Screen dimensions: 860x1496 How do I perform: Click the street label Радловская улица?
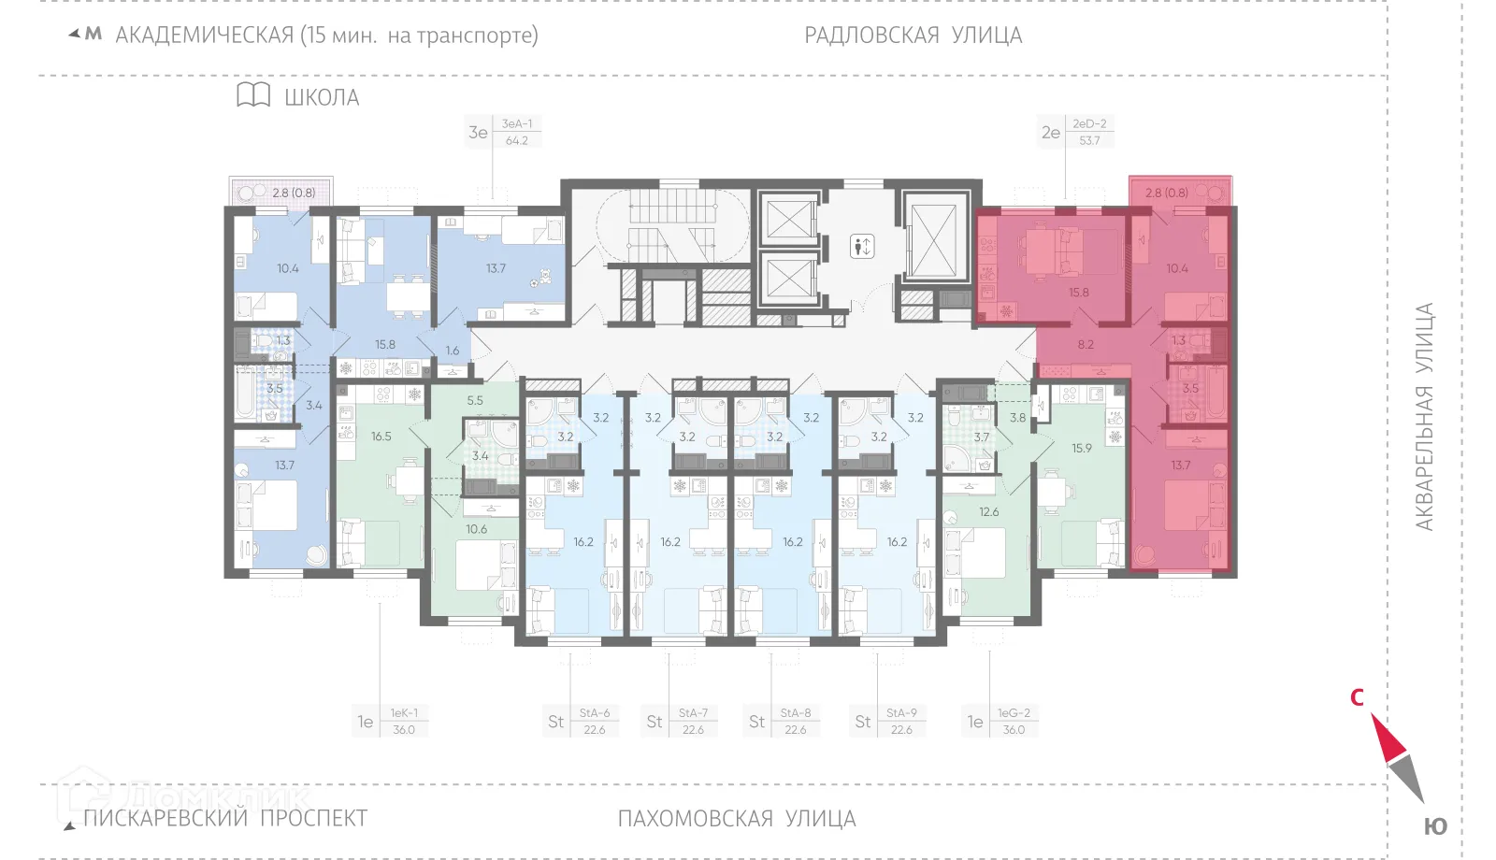(913, 36)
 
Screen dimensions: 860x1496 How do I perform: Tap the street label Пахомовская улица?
(736, 819)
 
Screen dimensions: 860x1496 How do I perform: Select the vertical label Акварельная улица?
(1424, 417)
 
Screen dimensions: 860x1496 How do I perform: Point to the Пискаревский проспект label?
(224, 819)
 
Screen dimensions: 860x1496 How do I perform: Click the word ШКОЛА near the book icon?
(322, 97)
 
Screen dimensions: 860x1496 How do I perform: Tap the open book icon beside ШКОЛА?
(253, 94)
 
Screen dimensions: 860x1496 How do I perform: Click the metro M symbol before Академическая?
(93, 35)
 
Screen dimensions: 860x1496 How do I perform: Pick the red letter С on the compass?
(1357, 697)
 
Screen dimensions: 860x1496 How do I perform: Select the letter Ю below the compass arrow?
(1435, 826)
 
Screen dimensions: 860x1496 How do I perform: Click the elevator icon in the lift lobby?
(862, 247)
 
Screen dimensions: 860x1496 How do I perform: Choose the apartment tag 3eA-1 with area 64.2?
(516, 132)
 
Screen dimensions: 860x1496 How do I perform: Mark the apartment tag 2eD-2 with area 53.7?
(1089, 132)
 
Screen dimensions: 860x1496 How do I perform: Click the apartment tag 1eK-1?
(403, 721)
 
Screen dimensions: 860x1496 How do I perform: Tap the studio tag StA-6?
(594, 721)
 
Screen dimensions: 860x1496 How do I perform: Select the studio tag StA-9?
(900, 721)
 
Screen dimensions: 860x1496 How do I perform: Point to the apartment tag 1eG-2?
(1013, 721)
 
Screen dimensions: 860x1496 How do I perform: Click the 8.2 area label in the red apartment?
(1086, 344)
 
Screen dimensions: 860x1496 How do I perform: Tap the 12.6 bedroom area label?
(989, 511)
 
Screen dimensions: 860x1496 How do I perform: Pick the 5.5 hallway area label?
(475, 400)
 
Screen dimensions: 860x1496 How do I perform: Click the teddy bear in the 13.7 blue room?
(541, 278)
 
